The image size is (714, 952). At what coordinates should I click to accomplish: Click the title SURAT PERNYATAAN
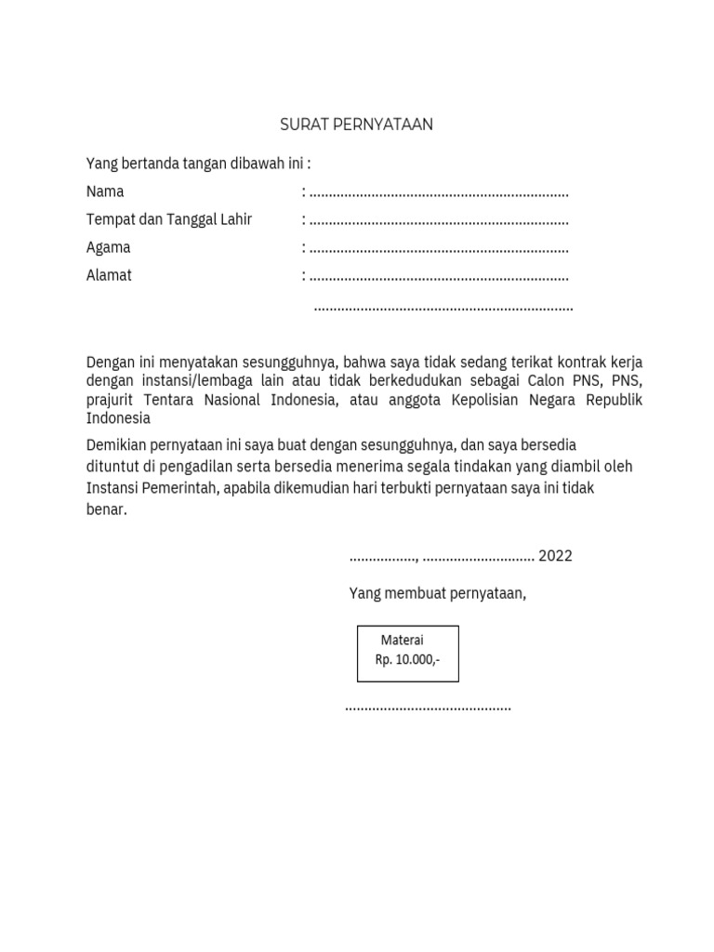tap(357, 125)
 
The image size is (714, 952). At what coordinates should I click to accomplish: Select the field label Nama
tap(105, 192)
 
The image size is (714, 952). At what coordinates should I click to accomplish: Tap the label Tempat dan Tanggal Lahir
tap(169, 219)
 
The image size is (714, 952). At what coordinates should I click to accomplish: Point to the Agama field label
tap(108, 247)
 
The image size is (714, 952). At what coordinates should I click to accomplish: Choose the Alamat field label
tap(109, 275)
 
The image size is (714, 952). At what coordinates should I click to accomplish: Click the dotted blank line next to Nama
tap(439, 193)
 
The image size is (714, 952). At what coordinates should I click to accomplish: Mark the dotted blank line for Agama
tap(439, 249)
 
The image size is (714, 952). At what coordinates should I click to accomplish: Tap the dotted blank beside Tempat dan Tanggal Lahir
tap(439, 221)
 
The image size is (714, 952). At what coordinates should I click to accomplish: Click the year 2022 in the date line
tap(555, 556)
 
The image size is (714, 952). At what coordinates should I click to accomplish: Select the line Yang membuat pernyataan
tap(437, 593)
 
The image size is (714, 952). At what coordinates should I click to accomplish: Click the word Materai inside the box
tap(402, 641)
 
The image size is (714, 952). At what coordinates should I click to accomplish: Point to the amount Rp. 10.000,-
tap(407, 659)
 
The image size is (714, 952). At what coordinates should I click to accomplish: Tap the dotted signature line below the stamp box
tap(428, 708)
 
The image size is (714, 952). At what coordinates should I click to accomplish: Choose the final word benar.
tap(105, 509)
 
